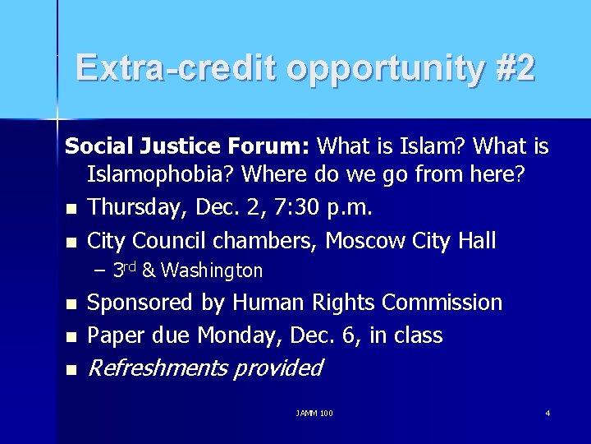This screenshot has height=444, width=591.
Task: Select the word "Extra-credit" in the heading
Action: click(x=176, y=68)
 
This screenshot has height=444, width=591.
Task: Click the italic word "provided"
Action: click(x=277, y=368)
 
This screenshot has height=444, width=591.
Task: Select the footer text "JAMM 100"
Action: click(x=314, y=413)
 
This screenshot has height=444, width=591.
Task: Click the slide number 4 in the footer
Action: click(x=547, y=413)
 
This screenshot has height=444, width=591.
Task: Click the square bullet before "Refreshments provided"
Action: click(x=71, y=370)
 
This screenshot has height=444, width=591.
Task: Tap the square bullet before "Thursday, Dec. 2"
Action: click(x=71, y=210)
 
